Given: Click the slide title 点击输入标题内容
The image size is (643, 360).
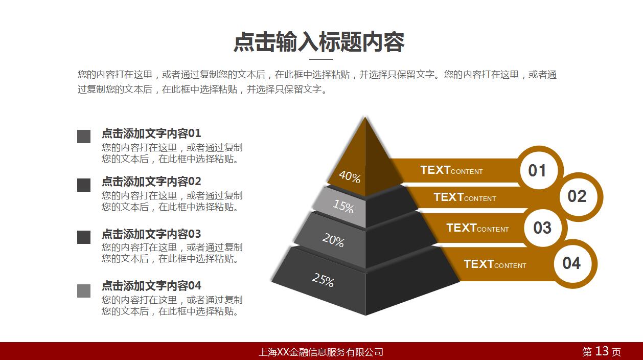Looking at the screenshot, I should tap(319, 42).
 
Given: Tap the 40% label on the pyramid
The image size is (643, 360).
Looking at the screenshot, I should tap(350, 177).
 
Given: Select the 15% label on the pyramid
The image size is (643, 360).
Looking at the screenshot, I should tap(343, 207).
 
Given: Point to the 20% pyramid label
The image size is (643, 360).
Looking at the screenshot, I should tap(333, 240).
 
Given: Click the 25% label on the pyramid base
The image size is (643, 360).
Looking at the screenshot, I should tap(323, 280).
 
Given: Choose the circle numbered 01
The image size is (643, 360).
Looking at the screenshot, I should tap(537, 170).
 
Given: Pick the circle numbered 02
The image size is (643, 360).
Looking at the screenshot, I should tap(577, 196).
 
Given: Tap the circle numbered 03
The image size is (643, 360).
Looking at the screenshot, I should tap(542, 228).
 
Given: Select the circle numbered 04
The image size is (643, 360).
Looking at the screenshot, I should tap(571, 263).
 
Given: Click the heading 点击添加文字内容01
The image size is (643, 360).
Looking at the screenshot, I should tap(151, 133).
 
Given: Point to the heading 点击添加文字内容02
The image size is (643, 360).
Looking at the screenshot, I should tap(151, 182).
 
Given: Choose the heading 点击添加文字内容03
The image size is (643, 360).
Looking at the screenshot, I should tap(151, 234).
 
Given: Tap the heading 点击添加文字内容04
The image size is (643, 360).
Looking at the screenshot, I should tap(151, 286).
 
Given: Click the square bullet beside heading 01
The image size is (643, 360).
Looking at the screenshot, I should tap(84, 137).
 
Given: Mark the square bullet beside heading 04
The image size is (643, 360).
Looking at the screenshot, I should tap(84, 291).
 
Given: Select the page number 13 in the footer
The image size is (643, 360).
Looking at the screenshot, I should tap(602, 351).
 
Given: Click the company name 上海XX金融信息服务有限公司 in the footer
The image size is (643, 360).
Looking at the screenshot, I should tap(321, 352).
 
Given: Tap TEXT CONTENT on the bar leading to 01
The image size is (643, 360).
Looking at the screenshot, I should tap(451, 170).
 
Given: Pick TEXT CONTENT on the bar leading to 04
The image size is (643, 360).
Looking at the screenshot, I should tap(495, 264).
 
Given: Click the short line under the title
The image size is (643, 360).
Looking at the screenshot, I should tap(321, 59).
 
